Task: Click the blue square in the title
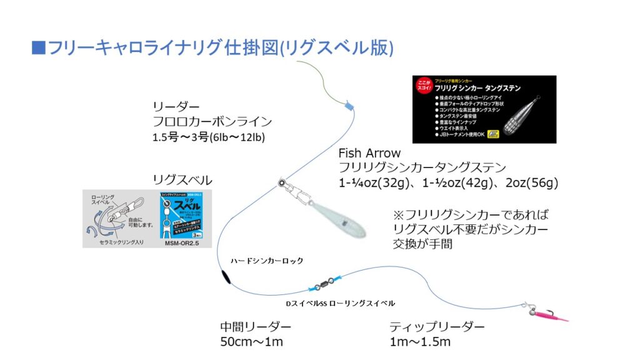[38, 48]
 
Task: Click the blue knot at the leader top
[349, 107]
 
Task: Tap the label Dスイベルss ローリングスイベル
[340, 303]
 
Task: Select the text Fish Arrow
[369, 153]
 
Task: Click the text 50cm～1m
[251, 342]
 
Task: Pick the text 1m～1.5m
[420, 342]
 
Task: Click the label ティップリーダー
[437, 327]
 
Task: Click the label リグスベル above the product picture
[182, 180]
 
